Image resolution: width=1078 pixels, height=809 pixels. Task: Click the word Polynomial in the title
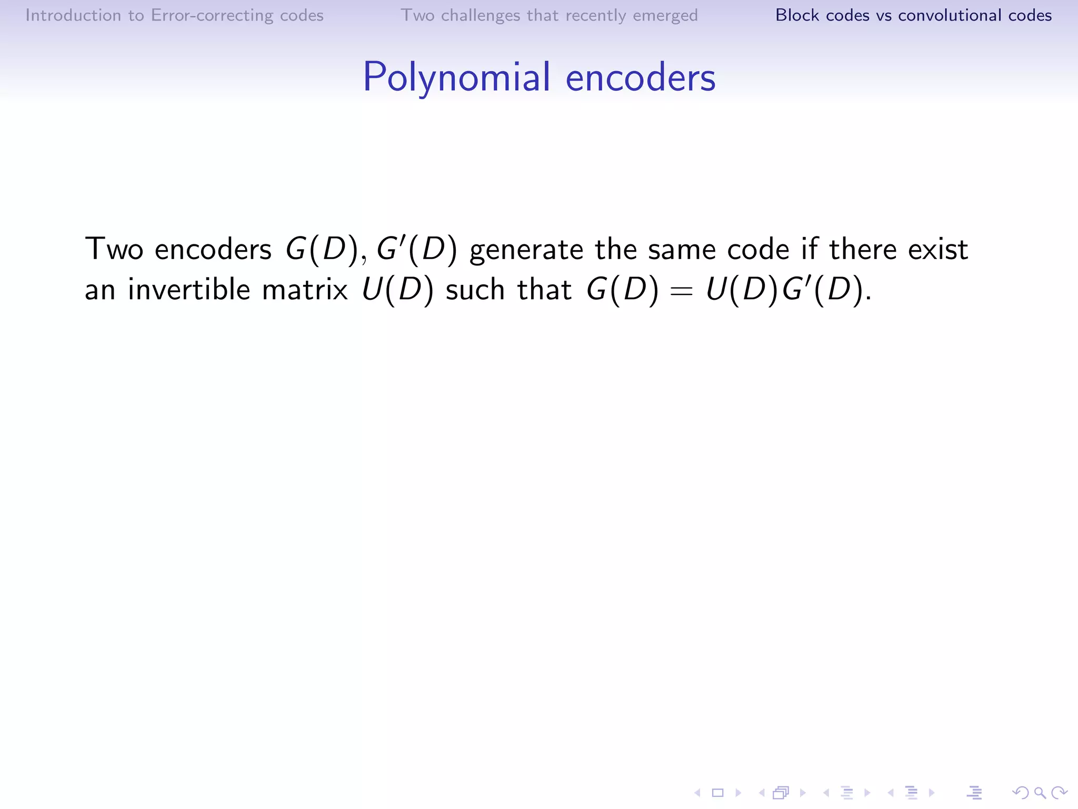(456, 77)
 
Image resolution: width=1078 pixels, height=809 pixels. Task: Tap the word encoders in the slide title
(640, 77)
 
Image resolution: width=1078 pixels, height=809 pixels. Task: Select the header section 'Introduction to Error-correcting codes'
(174, 15)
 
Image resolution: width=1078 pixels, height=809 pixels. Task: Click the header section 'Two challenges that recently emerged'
(549, 15)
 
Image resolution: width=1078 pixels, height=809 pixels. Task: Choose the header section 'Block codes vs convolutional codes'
(913, 15)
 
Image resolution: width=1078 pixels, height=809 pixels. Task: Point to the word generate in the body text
(526, 250)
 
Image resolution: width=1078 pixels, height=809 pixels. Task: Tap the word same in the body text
(681, 250)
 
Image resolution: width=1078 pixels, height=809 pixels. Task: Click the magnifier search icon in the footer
(1040, 792)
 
